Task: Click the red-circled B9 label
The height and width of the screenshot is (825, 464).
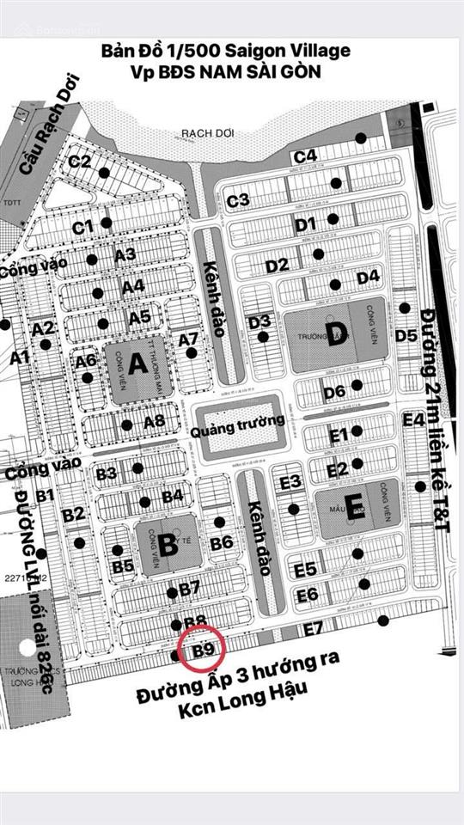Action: click(203, 650)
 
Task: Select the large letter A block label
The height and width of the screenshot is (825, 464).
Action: click(137, 364)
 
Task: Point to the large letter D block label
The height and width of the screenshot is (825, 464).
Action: click(336, 336)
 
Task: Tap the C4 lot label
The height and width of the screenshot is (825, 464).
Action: click(306, 156)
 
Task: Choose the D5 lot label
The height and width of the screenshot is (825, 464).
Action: click(406, 333)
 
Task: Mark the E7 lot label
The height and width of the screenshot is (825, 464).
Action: click(313, 627)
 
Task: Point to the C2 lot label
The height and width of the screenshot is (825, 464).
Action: click(80, 161)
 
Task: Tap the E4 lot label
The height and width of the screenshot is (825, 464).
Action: click(414, 419)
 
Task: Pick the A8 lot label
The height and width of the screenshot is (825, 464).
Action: click(154, 421)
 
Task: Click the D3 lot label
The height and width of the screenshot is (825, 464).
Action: click(259, 321)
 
